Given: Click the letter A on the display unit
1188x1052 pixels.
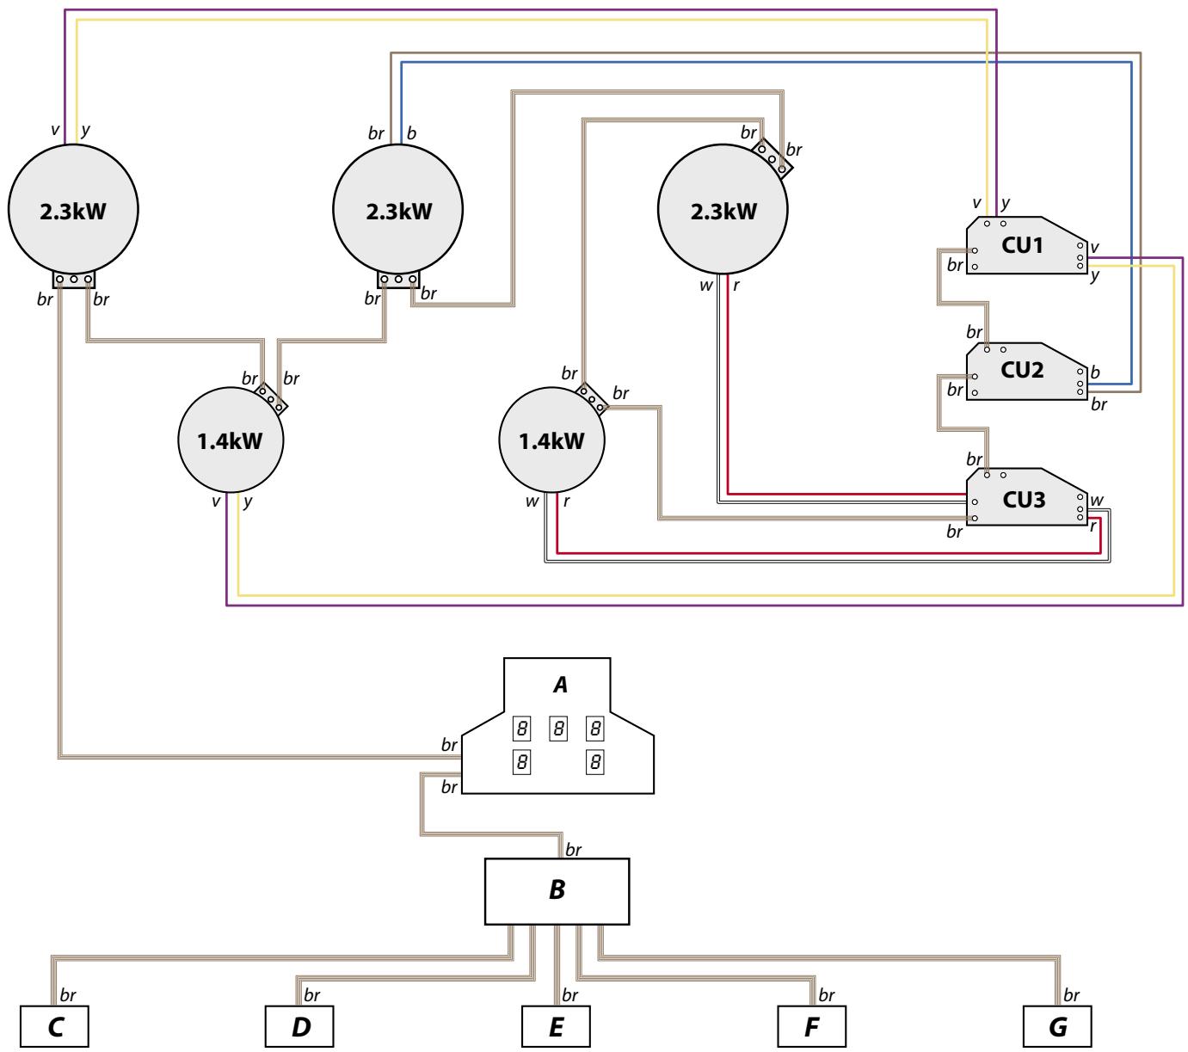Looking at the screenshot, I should click(x=560, y=686).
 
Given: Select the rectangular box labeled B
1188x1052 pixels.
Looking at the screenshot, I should click(x=557, y=890).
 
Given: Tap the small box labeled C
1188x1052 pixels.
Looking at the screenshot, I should click(x=55, y=1027).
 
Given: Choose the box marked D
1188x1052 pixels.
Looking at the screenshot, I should click(x=299, y=1027).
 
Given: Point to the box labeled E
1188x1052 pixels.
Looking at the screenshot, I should click(x=556, y=1027).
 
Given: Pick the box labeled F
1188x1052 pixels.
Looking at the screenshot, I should click(x=811, y=1027).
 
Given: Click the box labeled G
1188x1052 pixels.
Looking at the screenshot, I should click(x=1058, y=1027).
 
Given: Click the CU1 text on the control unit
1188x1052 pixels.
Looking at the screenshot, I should click(x=1022, y=245).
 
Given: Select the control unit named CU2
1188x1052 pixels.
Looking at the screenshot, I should click(x=1022, y=371).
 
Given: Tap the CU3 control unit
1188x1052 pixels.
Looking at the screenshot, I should click(x=1022, y=500).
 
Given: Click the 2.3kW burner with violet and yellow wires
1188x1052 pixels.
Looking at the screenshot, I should click(x=72, y=210).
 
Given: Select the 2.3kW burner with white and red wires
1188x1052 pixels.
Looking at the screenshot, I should click(x=723, y=210).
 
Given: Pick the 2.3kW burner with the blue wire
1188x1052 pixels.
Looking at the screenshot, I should click(x=398, y=210).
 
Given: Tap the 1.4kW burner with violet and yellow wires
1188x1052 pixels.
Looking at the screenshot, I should click(x=230, y=440).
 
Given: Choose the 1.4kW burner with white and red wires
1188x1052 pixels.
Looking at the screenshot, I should click(x=552, y=440).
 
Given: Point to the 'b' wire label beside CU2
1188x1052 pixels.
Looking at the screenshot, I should click(x=1095, y=373).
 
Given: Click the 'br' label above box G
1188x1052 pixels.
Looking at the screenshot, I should click(x=1071, y=995).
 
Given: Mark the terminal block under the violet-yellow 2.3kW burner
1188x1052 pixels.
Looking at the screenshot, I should click(x=73, y=280).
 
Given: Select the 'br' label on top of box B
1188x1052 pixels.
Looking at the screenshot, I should click(x=573, y=850).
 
